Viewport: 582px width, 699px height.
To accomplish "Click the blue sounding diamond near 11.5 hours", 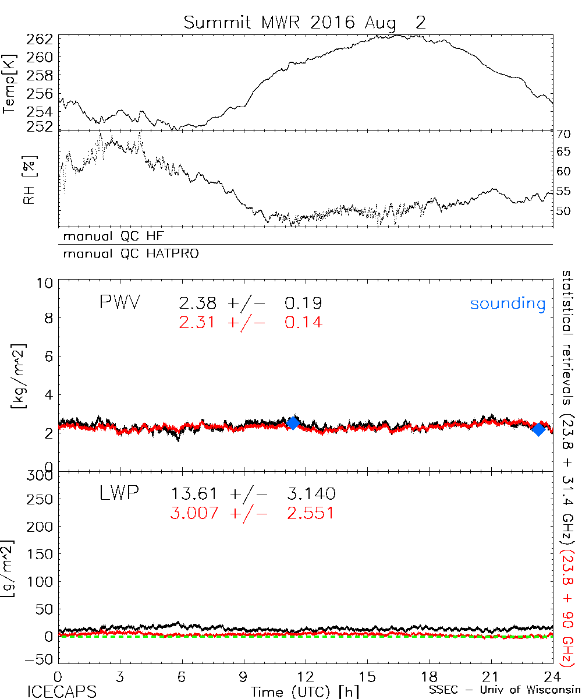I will [x=293, y=423].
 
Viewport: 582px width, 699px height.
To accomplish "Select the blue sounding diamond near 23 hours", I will [x=539, y=429].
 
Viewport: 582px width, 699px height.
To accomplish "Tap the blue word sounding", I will [x=508, y=303].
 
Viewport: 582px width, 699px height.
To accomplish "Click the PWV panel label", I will [x=119, y=302].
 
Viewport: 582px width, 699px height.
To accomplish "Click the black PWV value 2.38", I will [x=198, y=303].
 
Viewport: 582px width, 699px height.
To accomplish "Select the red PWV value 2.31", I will [x=198, y=322].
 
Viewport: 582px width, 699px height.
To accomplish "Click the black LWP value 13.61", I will [x=194, y=495].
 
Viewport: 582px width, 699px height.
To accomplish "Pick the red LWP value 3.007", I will [x=194, y=513].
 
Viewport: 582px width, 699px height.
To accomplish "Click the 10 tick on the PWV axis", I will [x=47, y=284].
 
